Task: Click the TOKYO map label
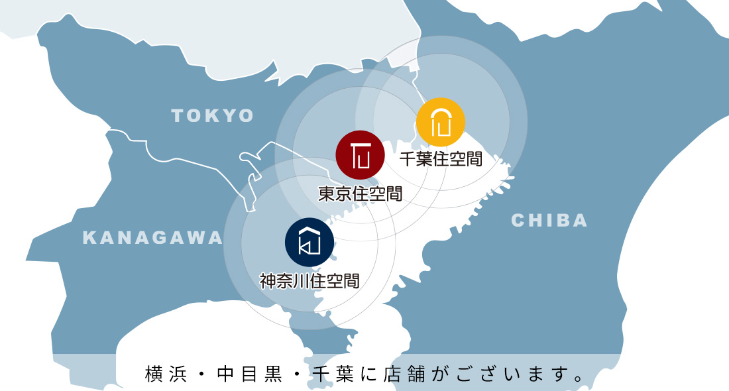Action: pyautogui.click(x=213, y=116)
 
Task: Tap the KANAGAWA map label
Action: pyautogui.click(x=152, y=238)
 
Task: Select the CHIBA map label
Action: pyautogui.click(x=549, y=221)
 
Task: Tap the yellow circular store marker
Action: pyautogui.click(x=441, y=122)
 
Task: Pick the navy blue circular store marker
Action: pyautogui.click(x=309, y=241)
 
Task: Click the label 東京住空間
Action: pyautogui.click(x=360, y=194)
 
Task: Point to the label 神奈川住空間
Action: pyautogui.click(x=309, y=281)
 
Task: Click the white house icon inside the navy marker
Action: pyautogui.click(x=309, y=241)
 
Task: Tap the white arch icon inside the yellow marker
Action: pyautogui.click(x=441, y=122)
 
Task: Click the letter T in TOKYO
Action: pyautogui.click(x=177, y=116)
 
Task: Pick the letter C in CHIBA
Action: pyautogui.click(x=518, y=221)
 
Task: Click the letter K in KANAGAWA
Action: pyautogui.click(x=89, y=238)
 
